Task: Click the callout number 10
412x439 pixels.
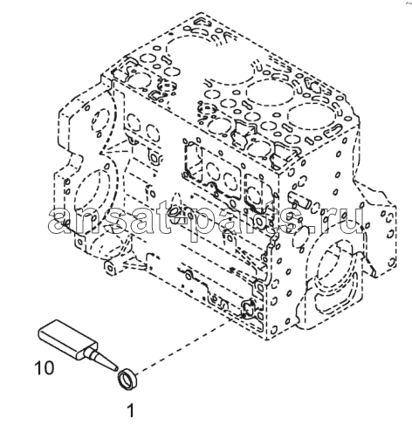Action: pyautogui.click(x=45, y=367)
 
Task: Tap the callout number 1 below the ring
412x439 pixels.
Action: pyautogui.click(x=131, y=410)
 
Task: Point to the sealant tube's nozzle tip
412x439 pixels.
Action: pyautogui.click(x=116, y=369)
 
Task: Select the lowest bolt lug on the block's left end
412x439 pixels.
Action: pyautogui.click(x=110, y=268)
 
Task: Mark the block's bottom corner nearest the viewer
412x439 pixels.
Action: pyautogui.click(x=266, y=340)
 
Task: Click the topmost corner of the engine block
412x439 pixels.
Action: pyautogui.click(x=202, y=12)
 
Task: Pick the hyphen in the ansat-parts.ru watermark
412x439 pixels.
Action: pyautogui.click(x=177, y=217)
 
